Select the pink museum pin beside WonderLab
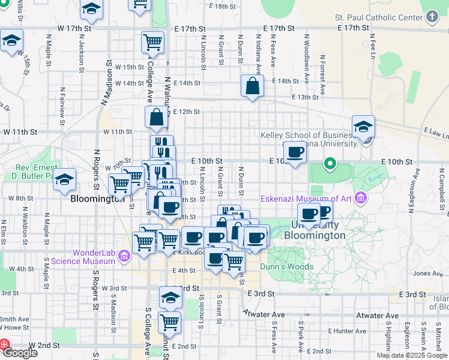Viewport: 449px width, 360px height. click(124, 257)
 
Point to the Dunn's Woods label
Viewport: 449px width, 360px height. click(286, 266)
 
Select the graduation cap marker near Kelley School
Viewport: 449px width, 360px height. click(363, 127)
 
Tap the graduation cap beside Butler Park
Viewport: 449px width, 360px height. click(65, 180)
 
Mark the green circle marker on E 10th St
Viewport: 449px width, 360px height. click(330, 163)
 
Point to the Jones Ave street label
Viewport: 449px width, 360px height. click(427, 274)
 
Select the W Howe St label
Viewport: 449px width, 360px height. click(14, 328)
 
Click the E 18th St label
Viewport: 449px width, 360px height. click(221, 6)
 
